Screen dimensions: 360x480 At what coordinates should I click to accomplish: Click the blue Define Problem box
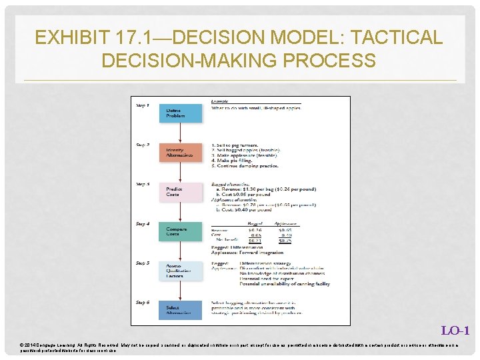[179, 113]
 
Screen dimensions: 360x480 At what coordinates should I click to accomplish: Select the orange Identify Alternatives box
[179, 153]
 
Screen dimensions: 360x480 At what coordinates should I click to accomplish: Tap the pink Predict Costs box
[179, 192]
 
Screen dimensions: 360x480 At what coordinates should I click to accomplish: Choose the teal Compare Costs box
[179, 231]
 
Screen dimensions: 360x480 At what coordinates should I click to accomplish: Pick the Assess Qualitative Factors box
[179, 271]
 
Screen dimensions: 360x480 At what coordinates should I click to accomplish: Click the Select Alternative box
[179, 310]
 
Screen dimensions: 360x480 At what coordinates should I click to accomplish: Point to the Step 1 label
[143, 105]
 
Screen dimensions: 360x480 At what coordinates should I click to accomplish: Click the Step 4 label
[143, 223]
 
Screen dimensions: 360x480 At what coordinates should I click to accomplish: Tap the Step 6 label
[143, 302]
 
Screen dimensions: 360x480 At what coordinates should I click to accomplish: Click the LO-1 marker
[455, 331]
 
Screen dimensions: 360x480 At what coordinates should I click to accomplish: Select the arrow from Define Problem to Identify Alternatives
[179, 133]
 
